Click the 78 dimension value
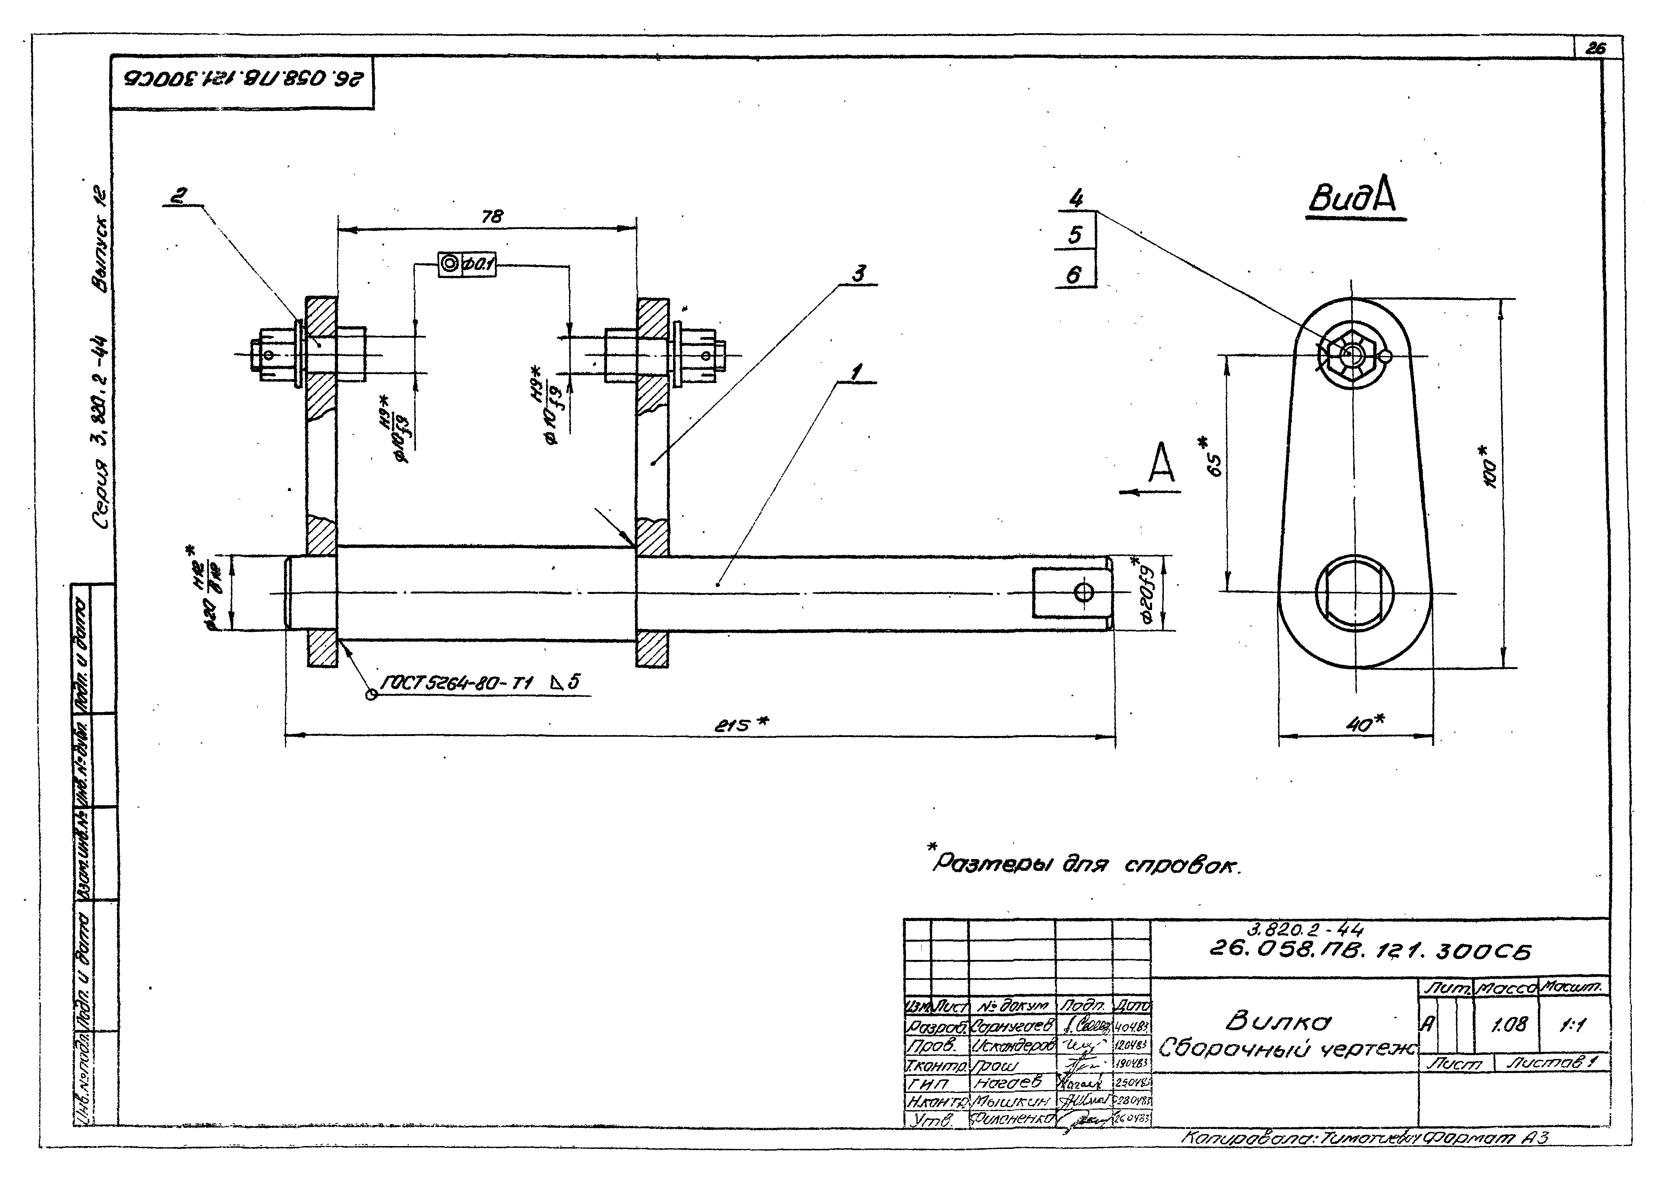492,217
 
